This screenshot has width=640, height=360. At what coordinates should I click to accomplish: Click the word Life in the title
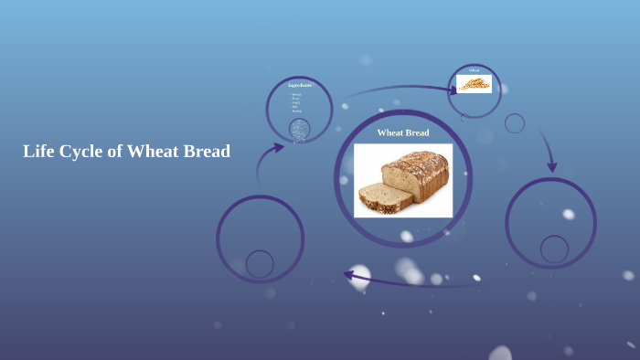coord(38,152)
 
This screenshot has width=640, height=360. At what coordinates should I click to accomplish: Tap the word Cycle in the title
coord(80,152)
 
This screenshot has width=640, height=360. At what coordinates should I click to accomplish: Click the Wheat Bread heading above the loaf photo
coord(403,132)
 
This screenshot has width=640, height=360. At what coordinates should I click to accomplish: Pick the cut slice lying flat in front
coord(378,197)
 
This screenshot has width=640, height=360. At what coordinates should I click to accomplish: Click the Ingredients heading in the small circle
coord(299,86)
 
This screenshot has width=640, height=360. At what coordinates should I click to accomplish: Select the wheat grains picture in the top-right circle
coord(474,84)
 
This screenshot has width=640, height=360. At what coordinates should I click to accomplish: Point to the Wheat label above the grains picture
coord(474,70)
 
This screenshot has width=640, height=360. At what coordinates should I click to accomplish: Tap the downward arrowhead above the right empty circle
coord(551,167)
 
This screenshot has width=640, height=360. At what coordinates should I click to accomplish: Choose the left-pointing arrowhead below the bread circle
coord(348,273)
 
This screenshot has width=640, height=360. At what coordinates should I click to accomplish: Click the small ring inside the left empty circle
coord(260,264)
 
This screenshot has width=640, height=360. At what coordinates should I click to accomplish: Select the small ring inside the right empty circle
coord(554,249)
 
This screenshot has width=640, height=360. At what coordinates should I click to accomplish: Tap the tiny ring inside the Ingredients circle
coord(299,129)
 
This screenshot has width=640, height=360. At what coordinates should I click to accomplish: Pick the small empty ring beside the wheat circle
coord(515,123)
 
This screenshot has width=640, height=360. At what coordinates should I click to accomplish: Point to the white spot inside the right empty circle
coord(568,215)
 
